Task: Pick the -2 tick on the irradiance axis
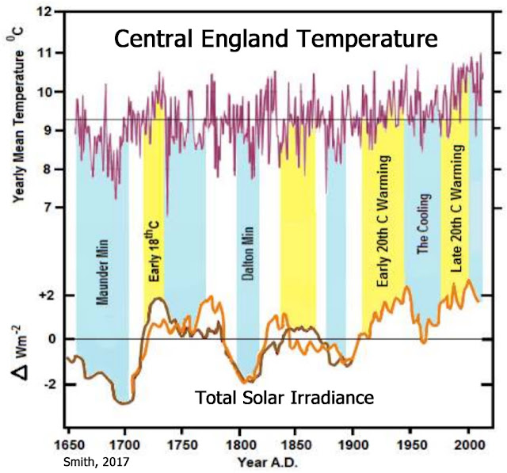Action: [47, 383]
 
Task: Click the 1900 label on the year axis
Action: [355, 438]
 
